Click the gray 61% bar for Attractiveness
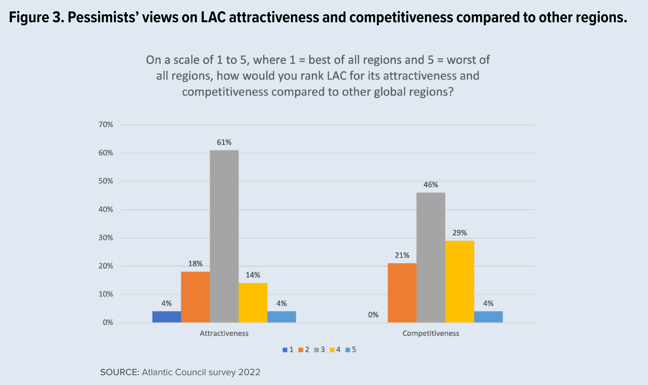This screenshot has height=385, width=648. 224,236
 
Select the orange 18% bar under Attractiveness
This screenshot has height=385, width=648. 195,297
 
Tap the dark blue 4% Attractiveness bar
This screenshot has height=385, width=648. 166,317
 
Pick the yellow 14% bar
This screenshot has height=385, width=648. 253,303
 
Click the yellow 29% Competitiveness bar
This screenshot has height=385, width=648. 460,281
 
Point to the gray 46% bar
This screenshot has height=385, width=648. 431,257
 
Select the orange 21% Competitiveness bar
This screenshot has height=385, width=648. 402,293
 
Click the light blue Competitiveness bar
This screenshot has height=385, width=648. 488,317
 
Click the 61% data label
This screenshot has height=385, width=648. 224,142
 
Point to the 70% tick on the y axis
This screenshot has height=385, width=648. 106,125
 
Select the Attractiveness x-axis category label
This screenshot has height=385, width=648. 224,333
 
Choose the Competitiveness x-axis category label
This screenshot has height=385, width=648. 431,333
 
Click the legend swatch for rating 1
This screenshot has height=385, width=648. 285,350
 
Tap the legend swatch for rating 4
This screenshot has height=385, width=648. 332,350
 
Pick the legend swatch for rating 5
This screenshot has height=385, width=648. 348,350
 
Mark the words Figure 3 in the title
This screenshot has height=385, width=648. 36,18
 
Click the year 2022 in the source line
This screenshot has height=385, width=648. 249,372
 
